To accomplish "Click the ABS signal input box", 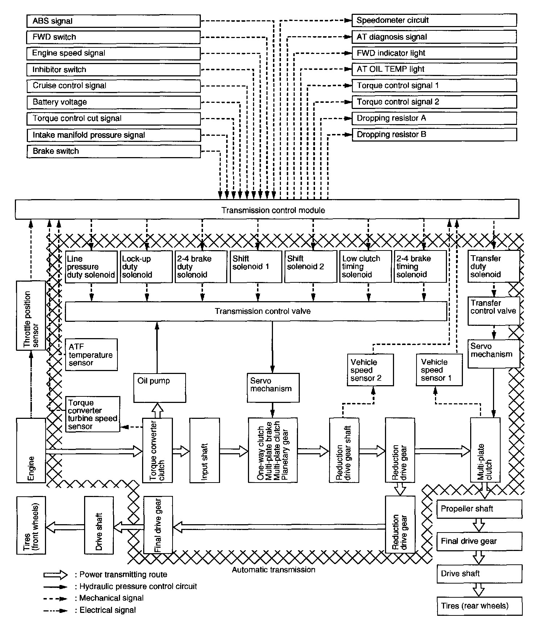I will [113, 21].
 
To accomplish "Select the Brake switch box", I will [113, 151].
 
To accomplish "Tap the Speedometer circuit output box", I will [434, 21].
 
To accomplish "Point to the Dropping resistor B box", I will [434, 135].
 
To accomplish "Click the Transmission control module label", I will [273, 210].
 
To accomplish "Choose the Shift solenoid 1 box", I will [256, 267].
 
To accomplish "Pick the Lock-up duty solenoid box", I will [146, 267].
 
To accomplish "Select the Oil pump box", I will [159, 388].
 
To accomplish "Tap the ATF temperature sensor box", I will [91, 355].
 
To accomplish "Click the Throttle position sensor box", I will [31, 316].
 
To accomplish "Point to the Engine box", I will [31, 450].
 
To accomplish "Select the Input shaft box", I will [204, 450].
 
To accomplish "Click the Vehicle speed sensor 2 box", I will [370, 370].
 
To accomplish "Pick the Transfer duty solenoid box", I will [493, 266].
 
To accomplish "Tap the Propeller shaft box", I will [479, 509].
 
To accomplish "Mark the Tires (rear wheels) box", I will [479, 606].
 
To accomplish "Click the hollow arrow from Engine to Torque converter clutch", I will [94, 451].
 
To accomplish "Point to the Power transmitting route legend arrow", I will [55, 575].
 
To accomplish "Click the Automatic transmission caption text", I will [273, 570].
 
